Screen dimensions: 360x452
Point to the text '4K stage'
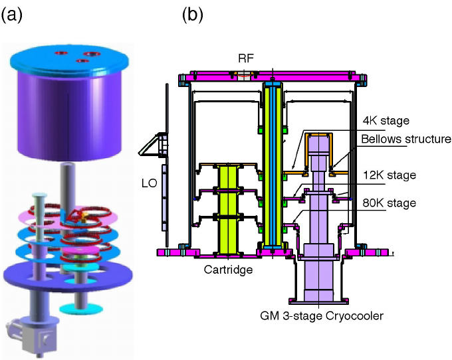point(386,121)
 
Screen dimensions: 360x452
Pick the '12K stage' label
point(390,175)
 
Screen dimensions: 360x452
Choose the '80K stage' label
point(390,203)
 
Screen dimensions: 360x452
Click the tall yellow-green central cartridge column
point(271,166)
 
